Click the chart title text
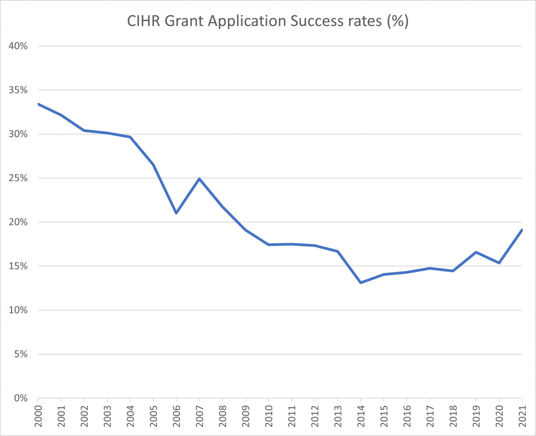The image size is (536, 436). point(268,23)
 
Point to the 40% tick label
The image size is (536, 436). point(18,46)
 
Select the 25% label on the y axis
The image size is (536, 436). point(18,178)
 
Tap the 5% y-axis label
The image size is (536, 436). point(20,354)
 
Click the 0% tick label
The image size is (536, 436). point(20,398)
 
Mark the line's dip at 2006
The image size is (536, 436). point(176,213)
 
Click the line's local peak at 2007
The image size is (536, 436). point(199,179)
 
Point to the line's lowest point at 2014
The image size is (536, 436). point(361,283)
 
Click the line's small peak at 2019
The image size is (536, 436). point(476,252)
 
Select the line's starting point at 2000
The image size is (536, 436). point(39,104)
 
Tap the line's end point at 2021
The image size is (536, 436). point(522,230)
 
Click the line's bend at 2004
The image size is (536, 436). point(130,137)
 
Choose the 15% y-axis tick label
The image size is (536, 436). point(18,266)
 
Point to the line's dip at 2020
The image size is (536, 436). point(499,263)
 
